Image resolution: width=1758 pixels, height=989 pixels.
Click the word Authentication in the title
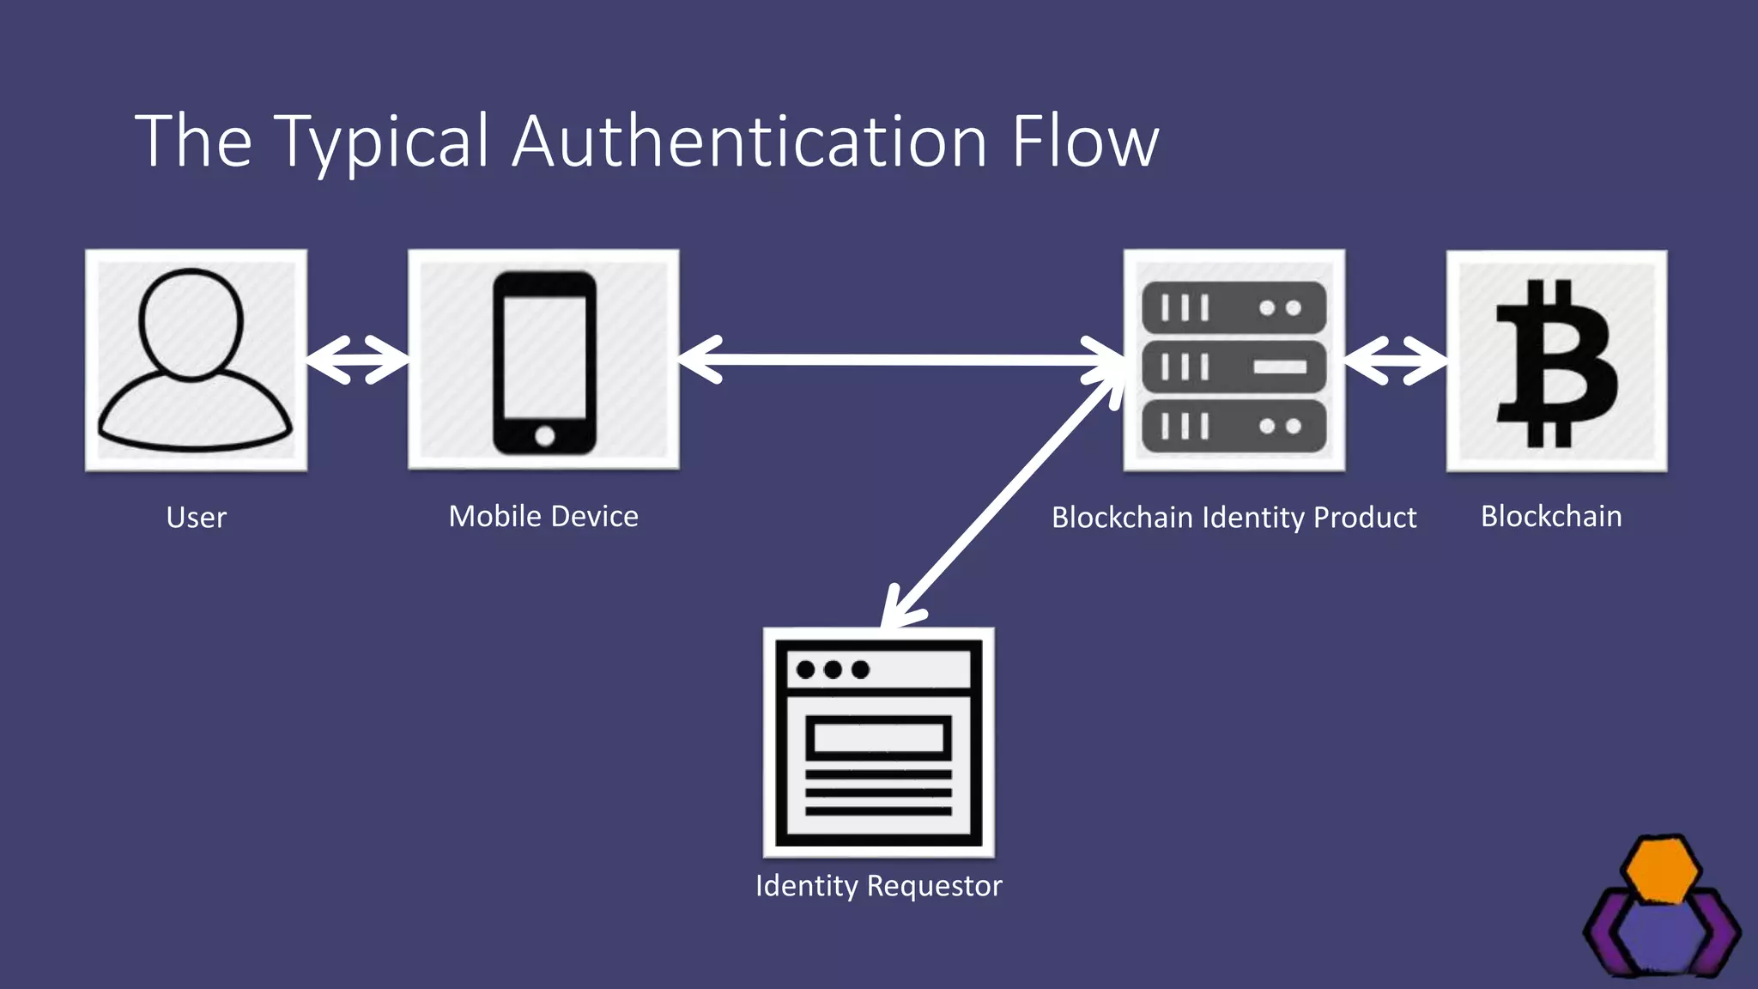pos(749,142)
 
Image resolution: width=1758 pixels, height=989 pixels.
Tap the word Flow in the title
pos(1085,142)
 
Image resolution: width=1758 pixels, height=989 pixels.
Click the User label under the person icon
pos(196,518)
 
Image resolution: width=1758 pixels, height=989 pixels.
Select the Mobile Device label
pos(543,516)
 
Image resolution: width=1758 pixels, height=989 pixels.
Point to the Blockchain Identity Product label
pos(1234,518)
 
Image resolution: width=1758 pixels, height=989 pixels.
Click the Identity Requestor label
pos(878,885)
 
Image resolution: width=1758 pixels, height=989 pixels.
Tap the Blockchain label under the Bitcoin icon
pos(1551,516)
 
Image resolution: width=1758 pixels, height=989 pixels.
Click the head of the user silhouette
pos(191,325)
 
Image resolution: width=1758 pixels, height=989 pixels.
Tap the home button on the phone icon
pos(544,436)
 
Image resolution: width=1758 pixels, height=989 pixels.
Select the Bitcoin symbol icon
pos(1555,362)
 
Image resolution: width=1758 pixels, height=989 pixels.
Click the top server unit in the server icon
pos(1234,307)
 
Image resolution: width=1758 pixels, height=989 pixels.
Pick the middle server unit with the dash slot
pos(1234,367)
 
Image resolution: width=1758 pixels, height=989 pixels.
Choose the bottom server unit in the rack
pos(1234,426)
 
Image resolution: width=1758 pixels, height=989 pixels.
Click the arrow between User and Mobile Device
pos(357,360)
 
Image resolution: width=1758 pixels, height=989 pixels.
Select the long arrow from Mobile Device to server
pos(901,360)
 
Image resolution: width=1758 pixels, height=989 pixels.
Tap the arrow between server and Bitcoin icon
pos(1395,361)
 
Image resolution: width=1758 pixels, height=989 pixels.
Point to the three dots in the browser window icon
pos(833,670)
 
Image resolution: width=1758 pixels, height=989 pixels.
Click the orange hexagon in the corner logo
pos(1663,871)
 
